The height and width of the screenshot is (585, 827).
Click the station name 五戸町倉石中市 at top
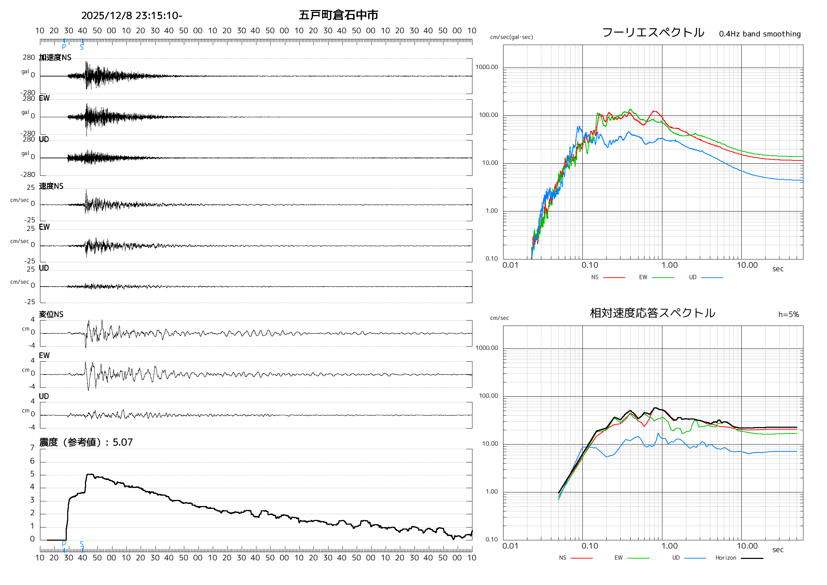338,15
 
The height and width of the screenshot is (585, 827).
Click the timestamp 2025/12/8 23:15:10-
131,15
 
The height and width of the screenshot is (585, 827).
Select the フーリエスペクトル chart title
653,33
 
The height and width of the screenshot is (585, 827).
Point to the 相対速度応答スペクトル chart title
652,313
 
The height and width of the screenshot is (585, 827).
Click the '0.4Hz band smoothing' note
760,34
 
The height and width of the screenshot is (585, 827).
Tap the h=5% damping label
788,315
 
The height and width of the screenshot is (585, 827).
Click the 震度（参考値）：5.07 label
86,442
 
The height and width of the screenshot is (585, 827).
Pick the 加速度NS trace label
55,58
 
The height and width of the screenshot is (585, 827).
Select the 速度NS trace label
51,186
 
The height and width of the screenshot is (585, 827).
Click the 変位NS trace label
51,314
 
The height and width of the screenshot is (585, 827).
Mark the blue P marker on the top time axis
64,46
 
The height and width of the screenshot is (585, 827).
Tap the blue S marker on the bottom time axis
82,544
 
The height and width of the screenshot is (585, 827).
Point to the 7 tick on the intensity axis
32,448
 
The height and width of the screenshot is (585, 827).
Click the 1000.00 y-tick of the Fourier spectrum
487,67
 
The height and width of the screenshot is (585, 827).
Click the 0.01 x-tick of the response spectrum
510,546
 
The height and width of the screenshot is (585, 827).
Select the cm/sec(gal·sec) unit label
511,37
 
